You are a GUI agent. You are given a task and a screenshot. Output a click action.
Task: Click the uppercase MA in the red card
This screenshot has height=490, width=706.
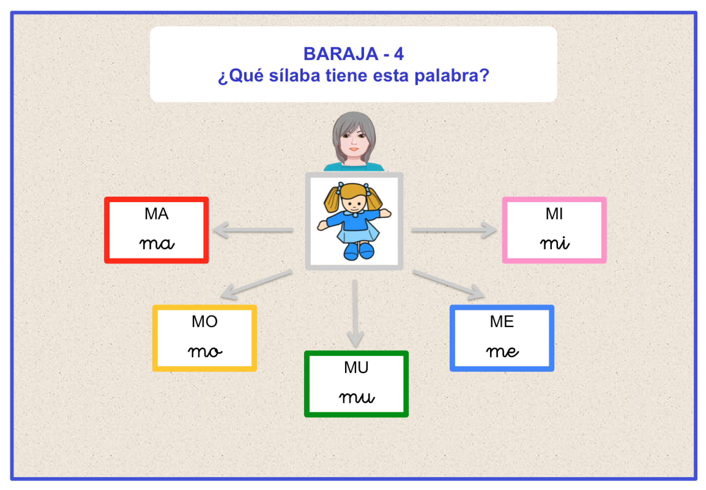click(x=156, y=214)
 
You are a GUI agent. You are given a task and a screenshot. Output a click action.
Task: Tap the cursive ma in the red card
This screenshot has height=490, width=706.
click(x=157, y=244)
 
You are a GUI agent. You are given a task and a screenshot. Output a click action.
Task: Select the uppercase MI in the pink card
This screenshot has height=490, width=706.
click(x=554, y=214)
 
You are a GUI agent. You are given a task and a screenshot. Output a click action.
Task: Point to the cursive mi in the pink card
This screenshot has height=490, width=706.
click(x=555, y=243)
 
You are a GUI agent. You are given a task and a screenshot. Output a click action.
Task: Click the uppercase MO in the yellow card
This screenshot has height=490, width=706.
click(x=205, y=322)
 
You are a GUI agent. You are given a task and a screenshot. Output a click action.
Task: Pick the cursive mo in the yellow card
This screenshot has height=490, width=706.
click(x=205, y=352)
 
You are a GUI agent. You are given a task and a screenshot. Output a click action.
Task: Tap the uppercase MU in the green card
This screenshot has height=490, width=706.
click(x=356, y=367)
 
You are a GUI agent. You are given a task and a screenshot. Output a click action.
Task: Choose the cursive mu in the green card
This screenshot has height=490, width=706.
click(x=356, y=398)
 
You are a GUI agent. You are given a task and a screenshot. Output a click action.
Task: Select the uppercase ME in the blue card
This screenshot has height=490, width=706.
click(x=502, y=322)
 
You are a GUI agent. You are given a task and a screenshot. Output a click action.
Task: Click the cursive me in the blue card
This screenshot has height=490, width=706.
click(x=502, y=352)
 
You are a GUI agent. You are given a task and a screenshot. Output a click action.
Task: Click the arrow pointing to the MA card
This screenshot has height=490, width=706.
click(x=253, y=230)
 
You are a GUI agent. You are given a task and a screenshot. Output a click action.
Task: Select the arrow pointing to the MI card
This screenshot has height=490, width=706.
click(x=454, y=230)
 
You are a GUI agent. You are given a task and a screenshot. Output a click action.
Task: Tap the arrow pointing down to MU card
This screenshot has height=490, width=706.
click(x=355, y=313)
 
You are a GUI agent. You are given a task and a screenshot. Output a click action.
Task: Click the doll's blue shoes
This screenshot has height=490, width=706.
click(x=359, y=251)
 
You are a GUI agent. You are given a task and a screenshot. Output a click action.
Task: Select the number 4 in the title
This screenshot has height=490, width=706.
click(x=399, y=54)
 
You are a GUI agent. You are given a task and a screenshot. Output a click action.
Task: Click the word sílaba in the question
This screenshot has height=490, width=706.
click(x=295, y=76)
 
